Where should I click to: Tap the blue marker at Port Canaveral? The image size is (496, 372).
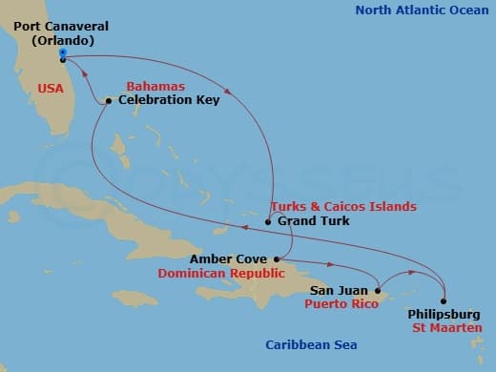click(x=62, y=53)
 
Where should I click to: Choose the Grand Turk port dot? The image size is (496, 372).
click(x=268, y=222)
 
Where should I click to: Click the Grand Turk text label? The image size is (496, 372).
click(x=314, y=221)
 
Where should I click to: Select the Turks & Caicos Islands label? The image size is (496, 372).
click(x=343, y=206)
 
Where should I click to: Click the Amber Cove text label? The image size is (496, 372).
click(x=228, y=259)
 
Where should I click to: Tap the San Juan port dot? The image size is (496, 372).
click(x=379, y=290)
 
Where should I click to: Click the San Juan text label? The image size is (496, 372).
click(x=340, y=290)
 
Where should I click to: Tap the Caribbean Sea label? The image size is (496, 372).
click(x=303, y=347)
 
